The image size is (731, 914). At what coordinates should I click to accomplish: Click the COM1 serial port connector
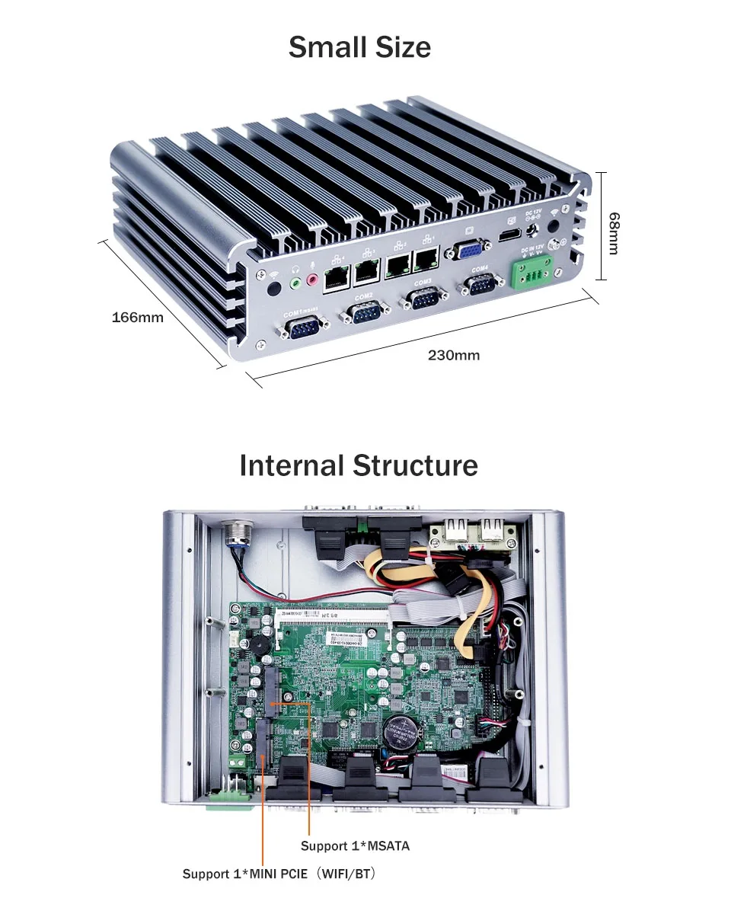click(x=305, y=329)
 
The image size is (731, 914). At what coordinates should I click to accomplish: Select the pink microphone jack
click(x=311, y=281)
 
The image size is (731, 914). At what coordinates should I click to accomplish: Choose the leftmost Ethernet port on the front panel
click(x=335, y=279)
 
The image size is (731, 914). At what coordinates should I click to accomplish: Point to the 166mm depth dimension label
click(x=138, y=317)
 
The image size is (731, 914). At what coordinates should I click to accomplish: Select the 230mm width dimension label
click(x=454, y=355)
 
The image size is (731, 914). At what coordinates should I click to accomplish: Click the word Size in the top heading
click(x=394, y=47)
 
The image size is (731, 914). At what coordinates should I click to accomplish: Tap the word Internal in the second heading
click(x=292, y=465)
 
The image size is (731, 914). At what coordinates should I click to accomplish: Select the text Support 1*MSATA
click(x=355, y=845)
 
